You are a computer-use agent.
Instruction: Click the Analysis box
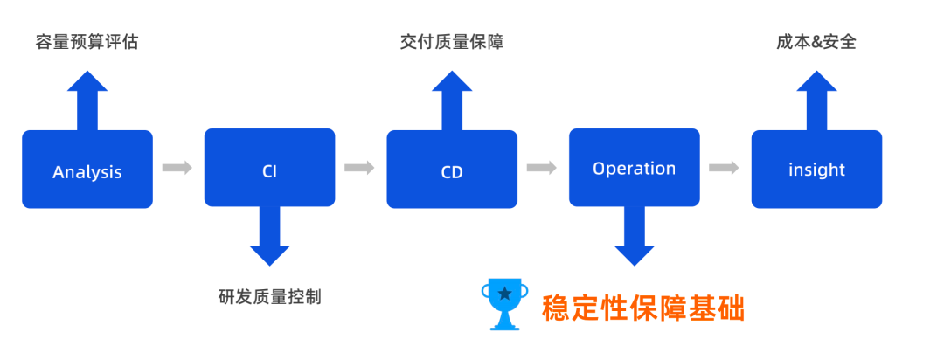pyautogui.click(x=87, y=170)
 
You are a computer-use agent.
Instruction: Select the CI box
pyautogui.click(x=269, y=168)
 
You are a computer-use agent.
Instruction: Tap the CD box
pyautogui.click(x=452, y=170)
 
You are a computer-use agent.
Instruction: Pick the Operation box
pyautogui.click(x=634, y=168)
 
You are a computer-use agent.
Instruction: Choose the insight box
pyautogui.click(x=816, y=170)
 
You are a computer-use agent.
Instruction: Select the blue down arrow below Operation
pyautogui.click(x=634, y=236)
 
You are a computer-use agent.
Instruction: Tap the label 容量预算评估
pyautogui.click(x=87, y=41)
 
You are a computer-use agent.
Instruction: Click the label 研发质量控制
pyautogui.click(x=269, y=296)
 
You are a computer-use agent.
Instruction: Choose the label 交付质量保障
pyautogui.click(x=452, y=41)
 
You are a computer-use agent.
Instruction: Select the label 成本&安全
pyautogui.click(x=816, y=41)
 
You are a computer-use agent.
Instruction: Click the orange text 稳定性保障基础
pyautogui.click(x=643, y=308)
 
